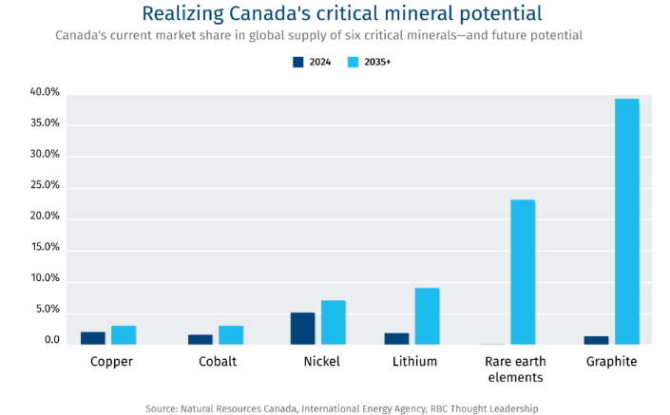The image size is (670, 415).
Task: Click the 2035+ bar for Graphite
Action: tap(626, 221)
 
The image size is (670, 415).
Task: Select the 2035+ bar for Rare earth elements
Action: tap(523, 272)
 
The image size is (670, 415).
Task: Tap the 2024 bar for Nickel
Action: tap(302, 329)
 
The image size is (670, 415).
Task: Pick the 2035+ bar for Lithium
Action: tap(427, 316)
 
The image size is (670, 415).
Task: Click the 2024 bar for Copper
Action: tap(93, 338)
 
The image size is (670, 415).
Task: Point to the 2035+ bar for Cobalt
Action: tap(231, 335)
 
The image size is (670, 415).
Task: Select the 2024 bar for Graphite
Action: tap(597, 340)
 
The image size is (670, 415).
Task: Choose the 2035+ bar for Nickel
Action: tap(333, 323)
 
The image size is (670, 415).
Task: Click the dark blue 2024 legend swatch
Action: tap(297, 63)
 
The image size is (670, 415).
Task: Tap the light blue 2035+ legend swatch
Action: tap(354, 63)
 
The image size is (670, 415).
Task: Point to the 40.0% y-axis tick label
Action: tap(45, 93)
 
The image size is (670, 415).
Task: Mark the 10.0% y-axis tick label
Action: tap(45, 278)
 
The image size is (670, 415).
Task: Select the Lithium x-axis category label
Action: tap(414, 362)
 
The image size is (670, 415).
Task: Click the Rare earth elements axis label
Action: tap(513, 369)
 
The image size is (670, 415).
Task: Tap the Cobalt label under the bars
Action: tap(219, 362)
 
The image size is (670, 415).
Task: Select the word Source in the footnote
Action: tap(162, 408)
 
